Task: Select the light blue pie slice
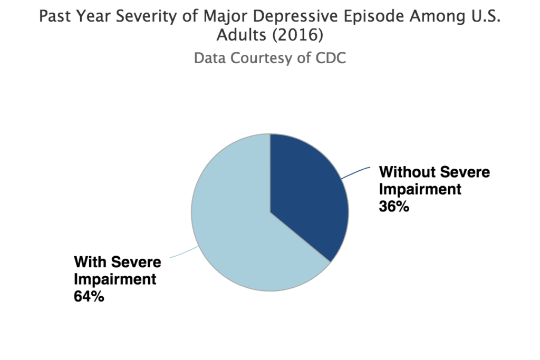click(x=237, y=227)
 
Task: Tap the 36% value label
click(x=394, y=206)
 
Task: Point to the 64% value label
click(x=89, y=296)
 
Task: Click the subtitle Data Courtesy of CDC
click(x=269, y=57)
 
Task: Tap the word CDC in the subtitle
click(x=330, y=57)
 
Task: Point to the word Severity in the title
click(x=140, y=17)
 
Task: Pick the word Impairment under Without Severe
click(x=420, y=189)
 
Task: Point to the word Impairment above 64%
click(x=115, y=279)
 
